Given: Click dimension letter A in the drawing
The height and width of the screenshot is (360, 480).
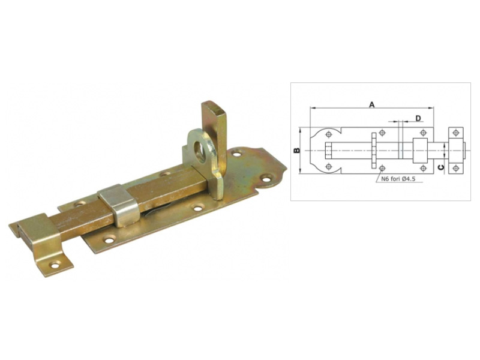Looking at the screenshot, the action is pyautogui.click(x=371, y=104).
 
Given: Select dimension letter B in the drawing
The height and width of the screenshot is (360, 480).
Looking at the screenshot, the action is pyautogui.click(x=296, y=151).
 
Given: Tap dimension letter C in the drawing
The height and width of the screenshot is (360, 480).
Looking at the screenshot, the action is pyautogui.click(x=440, y=167).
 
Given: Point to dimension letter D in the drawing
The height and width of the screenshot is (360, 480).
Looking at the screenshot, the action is pyautogui.click(x=418, y=118).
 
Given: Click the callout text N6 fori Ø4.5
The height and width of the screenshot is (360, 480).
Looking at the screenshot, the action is pyautogui.click(x=398, y=179).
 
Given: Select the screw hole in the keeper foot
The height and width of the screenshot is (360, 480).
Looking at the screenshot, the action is pyautogui.click(x=55, y=265).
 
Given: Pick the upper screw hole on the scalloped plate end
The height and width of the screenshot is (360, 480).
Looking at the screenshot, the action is pyautogui.click(x=236, y=154).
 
